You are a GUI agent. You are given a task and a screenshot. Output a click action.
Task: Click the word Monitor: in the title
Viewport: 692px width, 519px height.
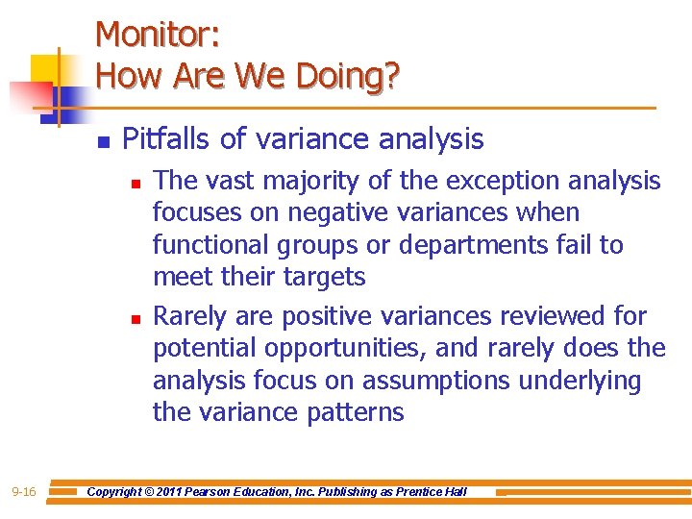159,36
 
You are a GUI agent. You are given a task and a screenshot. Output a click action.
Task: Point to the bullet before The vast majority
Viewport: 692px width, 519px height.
137,181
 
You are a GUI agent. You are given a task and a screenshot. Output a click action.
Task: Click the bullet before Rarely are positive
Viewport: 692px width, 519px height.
137,317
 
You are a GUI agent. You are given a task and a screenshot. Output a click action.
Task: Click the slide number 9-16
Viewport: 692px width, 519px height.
24,492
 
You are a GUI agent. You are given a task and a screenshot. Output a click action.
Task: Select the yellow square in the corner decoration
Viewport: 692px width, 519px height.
46,69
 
